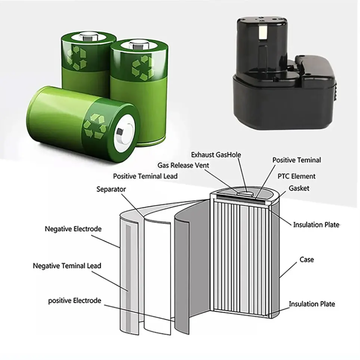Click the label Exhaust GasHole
coord(216,155)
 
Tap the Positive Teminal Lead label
coord(145,176)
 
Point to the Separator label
coord(111,189)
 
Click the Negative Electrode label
coord(73,229)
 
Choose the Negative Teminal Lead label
coord(67,266)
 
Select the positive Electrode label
coord(75,300)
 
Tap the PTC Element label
coord(297,176)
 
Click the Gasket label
coord(299,188)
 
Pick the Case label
coord(307,259)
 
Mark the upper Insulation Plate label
coord(316,224)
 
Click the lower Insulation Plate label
coord(312,304)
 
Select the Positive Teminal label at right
coord(297,160)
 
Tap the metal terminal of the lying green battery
coord(121,132)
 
